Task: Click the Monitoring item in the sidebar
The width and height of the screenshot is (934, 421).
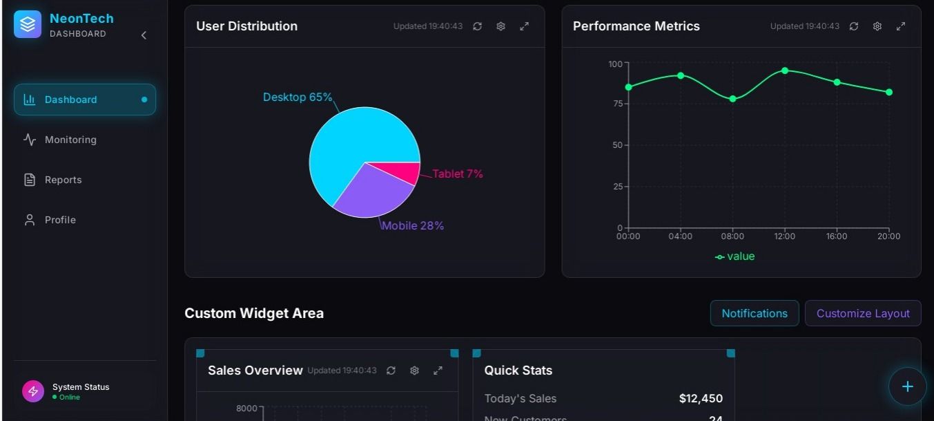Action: (70, 140)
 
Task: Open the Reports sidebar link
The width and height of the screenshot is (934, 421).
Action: (63, 180)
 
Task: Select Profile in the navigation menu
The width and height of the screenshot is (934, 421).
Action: (60, 220)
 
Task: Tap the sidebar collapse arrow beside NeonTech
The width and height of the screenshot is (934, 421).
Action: (144, 35)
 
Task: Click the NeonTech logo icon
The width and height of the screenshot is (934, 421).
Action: (28, 24)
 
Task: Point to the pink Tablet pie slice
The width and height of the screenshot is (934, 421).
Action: (407, 173)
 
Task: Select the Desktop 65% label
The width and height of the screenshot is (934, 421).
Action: (298, 97)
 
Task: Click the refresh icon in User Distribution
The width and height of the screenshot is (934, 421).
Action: (478, 26)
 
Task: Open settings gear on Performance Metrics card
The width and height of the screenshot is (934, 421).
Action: (877, 26)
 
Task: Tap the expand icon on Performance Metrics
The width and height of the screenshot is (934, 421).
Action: (901, 26)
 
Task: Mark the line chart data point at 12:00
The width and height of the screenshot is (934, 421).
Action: (785, 71)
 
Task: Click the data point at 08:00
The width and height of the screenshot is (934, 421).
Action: (732, 99)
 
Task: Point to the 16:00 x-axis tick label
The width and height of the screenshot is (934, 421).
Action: (837, 236)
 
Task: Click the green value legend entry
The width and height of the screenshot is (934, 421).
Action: (735, 256)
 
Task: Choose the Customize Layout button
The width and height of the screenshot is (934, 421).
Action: (863, 313)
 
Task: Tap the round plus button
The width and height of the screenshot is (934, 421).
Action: (907, 386)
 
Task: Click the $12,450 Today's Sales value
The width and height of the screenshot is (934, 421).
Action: (701, 398)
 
